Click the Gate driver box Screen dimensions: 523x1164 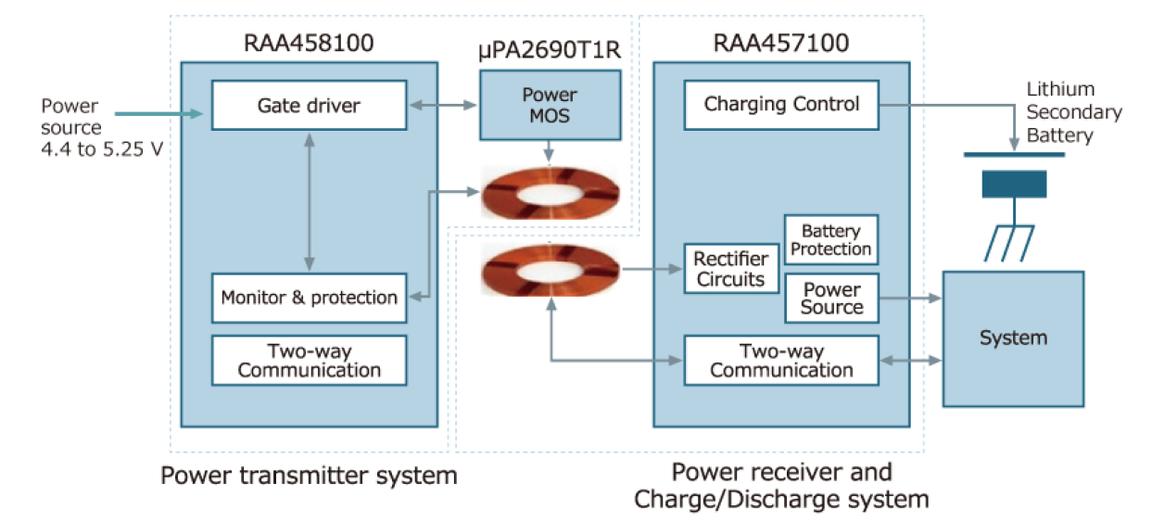pos(309,105)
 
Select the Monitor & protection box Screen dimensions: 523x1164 pos(309,298)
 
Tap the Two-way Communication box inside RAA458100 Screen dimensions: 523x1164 pos(309,361)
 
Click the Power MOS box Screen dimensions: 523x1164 pos(550,104)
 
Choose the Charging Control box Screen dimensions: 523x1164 pos(781,105)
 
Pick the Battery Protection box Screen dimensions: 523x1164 pos(831,240)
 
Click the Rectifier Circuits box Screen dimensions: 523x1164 pos(730,269)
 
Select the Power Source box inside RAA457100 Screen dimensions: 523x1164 pos(831,299)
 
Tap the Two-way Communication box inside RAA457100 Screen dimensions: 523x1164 pos(781,361)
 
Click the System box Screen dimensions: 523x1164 pos(1013,338)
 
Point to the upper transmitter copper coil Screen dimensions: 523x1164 pos(550,193)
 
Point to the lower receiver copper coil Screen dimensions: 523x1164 pos(550,270)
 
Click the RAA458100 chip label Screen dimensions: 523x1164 pos(309,43)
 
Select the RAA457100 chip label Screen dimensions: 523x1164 pos(781,43)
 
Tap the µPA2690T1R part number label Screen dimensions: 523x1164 pos(550,51)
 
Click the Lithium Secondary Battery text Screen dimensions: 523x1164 pos(1073,112)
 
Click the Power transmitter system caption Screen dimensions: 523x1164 pos(309,477)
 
